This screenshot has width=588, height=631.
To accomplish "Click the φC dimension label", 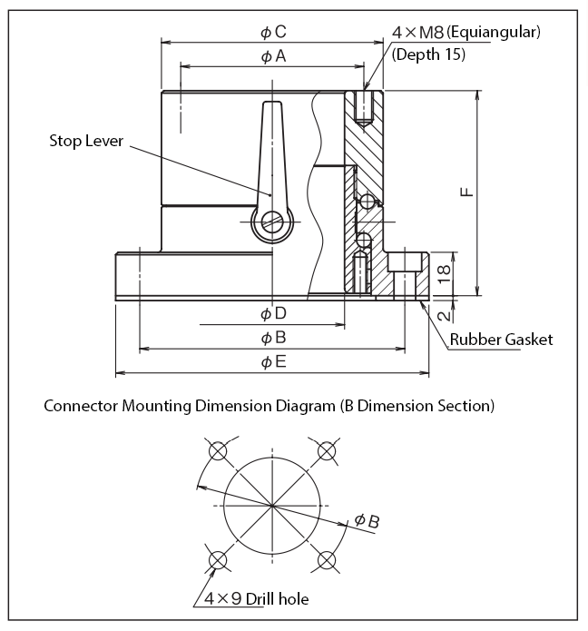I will tap(273, 32).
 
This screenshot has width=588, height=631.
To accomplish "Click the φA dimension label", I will tap(273, 56).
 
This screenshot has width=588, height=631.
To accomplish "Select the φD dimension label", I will tap(273, 313).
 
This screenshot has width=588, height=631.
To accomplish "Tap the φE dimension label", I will tap(273, 362).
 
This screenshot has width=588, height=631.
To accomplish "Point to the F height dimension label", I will tap(465, 192).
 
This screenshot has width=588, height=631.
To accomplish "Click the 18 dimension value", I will tap(442, 274).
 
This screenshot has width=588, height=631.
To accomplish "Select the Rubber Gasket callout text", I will tap(502, 340).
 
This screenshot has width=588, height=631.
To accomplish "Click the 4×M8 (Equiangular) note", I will tap(465, 32).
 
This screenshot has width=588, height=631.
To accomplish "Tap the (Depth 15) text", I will tap(428, 54).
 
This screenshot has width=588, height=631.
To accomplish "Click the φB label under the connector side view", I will tap(273, 338).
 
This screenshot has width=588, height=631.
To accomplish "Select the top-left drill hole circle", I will tap(217, 451).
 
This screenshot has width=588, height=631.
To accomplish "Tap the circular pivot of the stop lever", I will tap(271, 222).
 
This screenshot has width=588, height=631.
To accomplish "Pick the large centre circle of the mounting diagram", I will tap(271, 505).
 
